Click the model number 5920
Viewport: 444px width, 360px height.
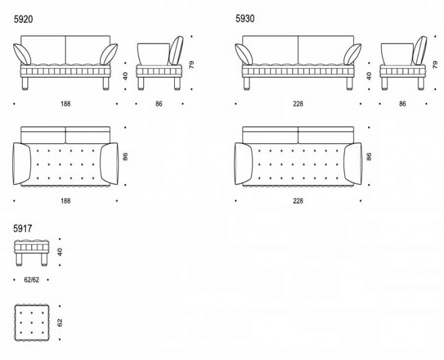pos(23,19)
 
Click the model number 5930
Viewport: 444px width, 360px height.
pos(245,19)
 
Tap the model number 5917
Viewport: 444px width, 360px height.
pos(23,229)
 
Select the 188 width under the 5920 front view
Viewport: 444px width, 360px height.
pos(65,104)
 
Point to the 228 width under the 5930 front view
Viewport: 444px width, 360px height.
pos(298,104)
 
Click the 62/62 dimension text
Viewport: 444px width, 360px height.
pos(32,280)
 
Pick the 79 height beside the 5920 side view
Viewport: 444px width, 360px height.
pos(191,65)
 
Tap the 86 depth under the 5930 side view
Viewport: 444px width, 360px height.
pos(402,104)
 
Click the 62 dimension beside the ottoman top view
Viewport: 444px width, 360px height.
pos(60,323)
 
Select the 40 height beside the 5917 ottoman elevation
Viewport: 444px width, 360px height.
pos(60,252)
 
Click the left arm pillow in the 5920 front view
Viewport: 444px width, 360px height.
pos(22,54)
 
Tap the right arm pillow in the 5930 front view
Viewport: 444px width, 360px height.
pos(352,54)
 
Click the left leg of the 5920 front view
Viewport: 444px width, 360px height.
pos(25,84)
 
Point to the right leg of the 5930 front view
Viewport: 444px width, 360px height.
pos(350,84)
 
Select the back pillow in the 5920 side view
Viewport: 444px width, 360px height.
pos(176,50)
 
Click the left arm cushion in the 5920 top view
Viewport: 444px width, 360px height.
pos(22,164)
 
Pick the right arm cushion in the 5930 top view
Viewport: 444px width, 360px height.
pos(353,164)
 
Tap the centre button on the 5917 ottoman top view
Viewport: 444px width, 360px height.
pos(32,323)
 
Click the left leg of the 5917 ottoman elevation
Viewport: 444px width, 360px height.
pos(19,260)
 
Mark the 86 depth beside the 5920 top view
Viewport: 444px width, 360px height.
pos(125,156)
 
